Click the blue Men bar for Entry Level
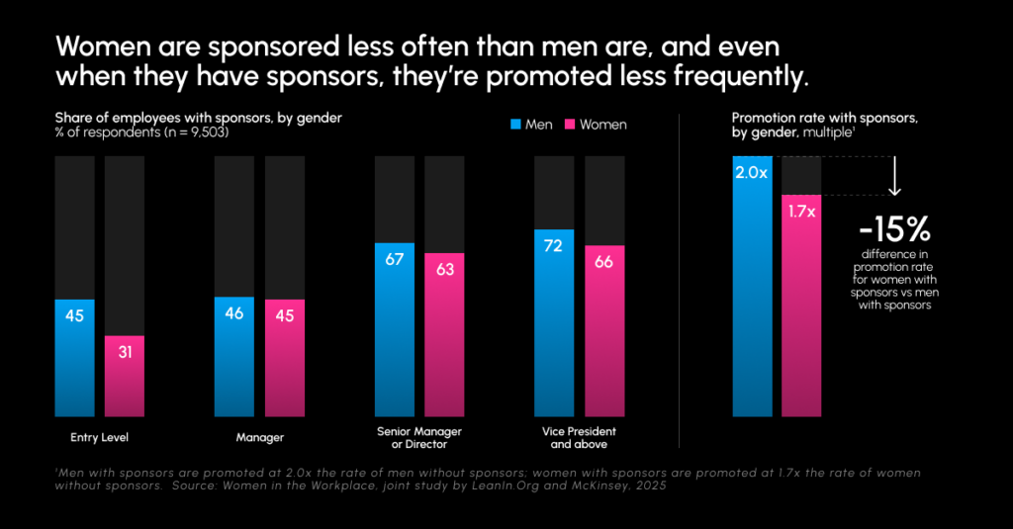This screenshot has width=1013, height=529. [74, 357]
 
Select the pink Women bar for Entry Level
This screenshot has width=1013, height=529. [124, 376]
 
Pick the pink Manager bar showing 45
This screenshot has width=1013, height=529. [284, 357]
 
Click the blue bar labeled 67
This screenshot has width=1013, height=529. [395, 328]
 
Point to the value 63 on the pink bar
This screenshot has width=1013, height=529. [444, 269]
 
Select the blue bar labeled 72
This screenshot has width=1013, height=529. [554, 322]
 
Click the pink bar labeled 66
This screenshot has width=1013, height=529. [604, 330]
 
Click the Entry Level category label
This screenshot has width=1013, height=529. [101, 437]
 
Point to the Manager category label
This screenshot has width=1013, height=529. [258, 437]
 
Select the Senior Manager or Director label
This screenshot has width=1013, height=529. [419, 438]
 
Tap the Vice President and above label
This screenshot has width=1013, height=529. [579, 438]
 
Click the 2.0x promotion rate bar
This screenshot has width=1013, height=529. [752, 287]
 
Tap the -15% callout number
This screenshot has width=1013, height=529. [894, 229]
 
